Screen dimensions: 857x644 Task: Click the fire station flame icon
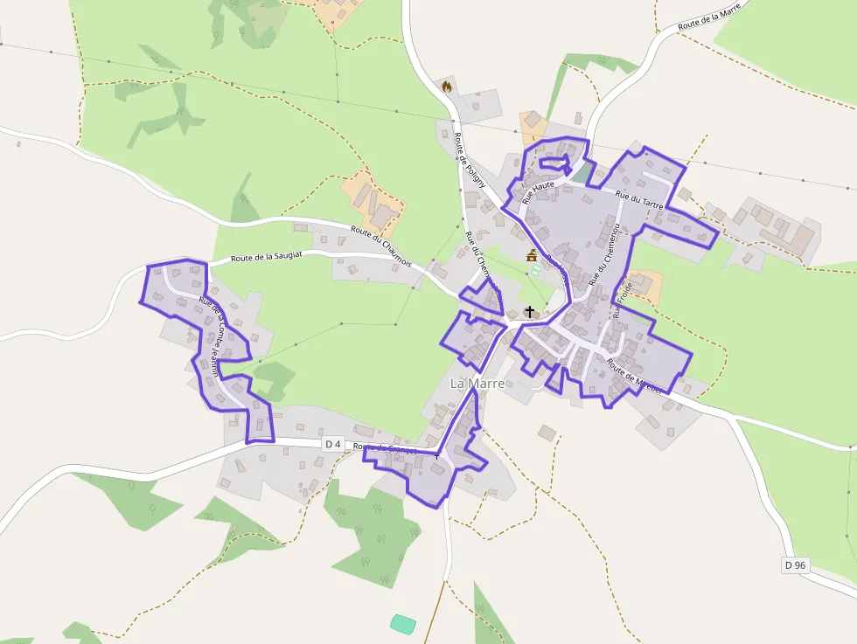[448, 87]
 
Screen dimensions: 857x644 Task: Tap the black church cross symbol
[529, 312]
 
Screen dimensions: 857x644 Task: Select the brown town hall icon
[531, 255]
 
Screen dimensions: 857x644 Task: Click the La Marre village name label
[477, 384]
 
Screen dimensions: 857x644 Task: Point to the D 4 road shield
[332, 444]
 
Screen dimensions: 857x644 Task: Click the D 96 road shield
[795, 565]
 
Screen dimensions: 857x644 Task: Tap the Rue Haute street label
[539, 190]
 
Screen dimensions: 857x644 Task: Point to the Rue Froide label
[622, 296]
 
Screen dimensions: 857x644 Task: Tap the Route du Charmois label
[381, 241]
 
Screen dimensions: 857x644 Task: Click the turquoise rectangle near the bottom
[403, 624]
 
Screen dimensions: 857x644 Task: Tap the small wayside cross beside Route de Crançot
[436, 456]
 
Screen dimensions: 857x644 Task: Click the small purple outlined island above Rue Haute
[554, 163]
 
